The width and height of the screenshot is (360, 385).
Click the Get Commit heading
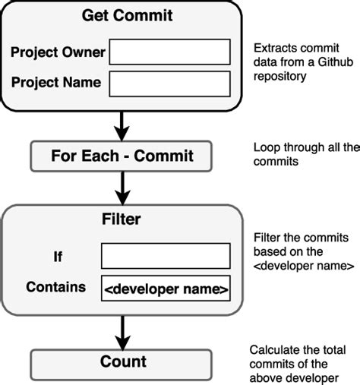(122, 15)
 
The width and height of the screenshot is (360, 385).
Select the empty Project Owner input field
(170, 52)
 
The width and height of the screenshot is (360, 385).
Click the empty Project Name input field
(170, 82)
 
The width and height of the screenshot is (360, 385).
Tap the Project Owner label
(58, 53)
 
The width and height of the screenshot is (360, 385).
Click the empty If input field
(166, 256)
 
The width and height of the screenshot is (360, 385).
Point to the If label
(58, 257)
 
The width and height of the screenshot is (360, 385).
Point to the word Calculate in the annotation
(273, 350)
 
